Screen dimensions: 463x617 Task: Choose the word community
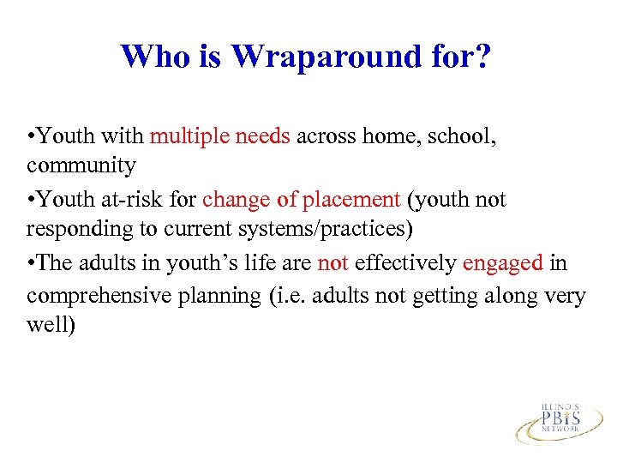tap(81, 165)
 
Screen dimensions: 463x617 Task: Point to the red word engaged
tap(501, 263)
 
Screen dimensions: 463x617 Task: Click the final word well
tap(51, 326)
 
